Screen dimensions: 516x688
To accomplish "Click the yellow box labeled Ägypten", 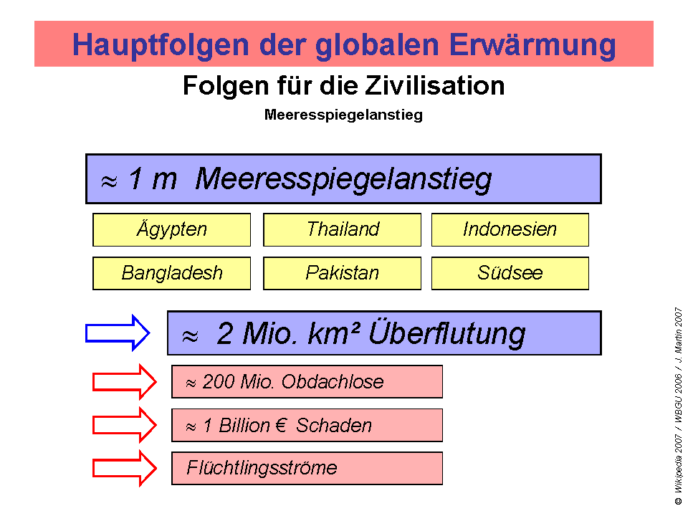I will (x=172, y=230).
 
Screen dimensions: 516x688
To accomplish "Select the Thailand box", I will (x=343, y=230).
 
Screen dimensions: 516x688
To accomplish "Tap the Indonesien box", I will (x=510, y=230).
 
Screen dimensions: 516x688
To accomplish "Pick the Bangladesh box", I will (x=172, y=273).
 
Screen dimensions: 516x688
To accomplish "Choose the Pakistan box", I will (x=343, y=273).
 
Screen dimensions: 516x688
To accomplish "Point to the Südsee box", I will (x=510, y=273).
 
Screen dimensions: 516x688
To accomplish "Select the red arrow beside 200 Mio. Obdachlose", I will (x=125, y=382).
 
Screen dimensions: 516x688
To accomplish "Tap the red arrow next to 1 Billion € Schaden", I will (x=125, y=425).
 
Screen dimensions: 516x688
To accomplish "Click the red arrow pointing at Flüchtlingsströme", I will (x=125, y=468).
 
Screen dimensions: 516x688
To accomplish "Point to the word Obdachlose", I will (x=333, y=382).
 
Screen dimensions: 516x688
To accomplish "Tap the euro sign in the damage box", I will (x=280, y=426).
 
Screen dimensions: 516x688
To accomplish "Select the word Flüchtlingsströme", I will (x=262, y=469).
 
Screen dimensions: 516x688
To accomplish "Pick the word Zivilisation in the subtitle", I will (x=434, y=86).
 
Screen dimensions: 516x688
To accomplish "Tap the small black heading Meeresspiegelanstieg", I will (x=343, y=115).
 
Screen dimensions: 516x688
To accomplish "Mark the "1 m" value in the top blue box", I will (x=152, y=179).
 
